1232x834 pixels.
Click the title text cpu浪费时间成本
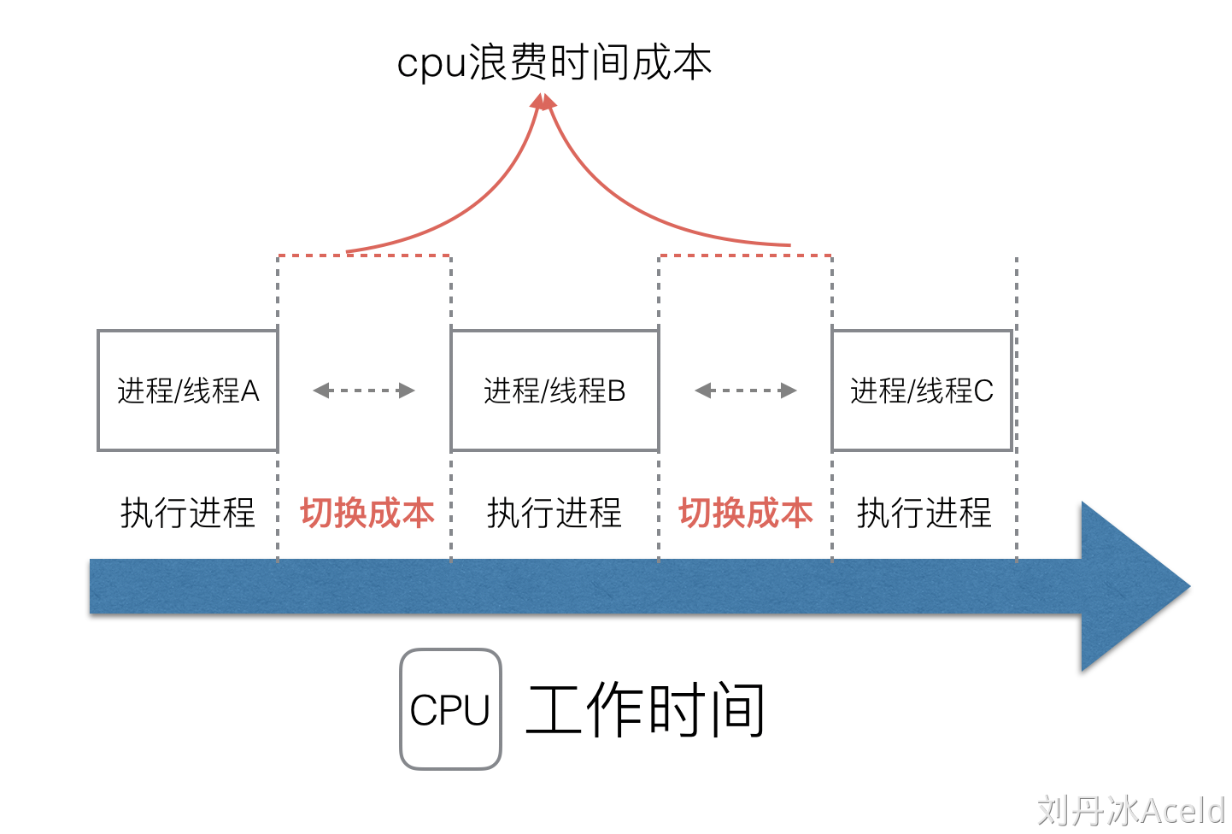click(x=554, y=62)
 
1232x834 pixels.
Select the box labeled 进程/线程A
click(x=188, y=391)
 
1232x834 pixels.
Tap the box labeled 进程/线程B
click(x=554, y=391)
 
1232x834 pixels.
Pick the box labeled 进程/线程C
click(x=922, y=391)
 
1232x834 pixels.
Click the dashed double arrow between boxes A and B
click(x=364, y=391)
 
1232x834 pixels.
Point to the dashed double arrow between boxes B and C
click(x=745, y=391)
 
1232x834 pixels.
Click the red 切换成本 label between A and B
click(x=367, y=513)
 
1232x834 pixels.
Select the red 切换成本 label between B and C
click(x=746, y=513)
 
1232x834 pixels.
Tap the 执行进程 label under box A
click(x=188, y=513)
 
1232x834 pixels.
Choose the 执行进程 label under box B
click(x=554, y=513)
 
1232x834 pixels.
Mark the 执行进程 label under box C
click(x=924, y=513)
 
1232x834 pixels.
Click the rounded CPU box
click(x=450, y=709)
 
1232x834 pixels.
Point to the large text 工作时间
click(x=645, y=709)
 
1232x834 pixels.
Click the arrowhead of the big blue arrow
click(x=1128, y=586)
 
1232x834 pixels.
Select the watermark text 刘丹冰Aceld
click(x=1131, y=810)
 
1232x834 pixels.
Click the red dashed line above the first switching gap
click(x=364, y=255)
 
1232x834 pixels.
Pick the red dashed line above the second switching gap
click(x=745, y=255)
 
